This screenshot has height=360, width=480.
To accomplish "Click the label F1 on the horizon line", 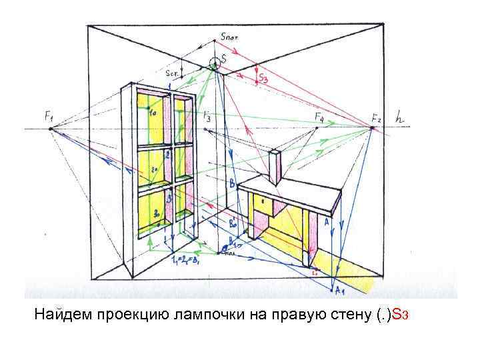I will (49, 117).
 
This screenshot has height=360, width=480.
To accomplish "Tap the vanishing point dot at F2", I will (373, 127).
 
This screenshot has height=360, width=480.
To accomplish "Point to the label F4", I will (319, 118).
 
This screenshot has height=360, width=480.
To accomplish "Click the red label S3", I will (263, 79).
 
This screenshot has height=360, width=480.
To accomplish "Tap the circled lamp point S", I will (214, 64).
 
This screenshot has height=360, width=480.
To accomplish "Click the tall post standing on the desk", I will (274, 167).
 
